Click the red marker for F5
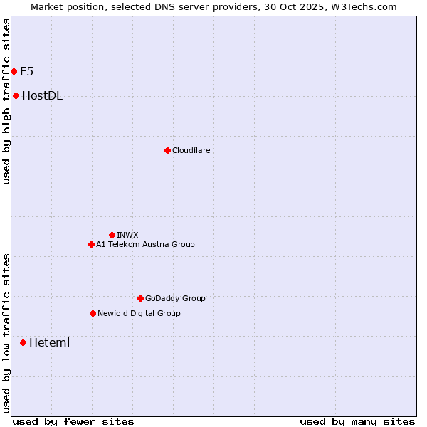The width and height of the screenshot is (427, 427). coord(14,71)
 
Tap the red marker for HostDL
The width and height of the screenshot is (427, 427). coord(16,95)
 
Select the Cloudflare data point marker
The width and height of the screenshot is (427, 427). coord(167,150)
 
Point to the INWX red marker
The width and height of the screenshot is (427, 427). coord(112,235)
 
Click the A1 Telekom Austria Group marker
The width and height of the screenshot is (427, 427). coord(91,244)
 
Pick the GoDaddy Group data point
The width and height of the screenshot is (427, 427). coord(140,298)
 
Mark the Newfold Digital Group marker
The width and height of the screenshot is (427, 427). coord(93,313)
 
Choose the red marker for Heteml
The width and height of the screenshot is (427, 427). coord(23,342)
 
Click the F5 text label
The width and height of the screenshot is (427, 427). coord(27,71)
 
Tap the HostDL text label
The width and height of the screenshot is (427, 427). coord(43,96)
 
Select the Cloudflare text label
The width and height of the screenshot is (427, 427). coord(191,150)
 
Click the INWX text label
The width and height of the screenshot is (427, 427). coord(127,235)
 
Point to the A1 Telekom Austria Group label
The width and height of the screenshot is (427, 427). coord(145,244)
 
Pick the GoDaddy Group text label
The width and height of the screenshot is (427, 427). coord(175,298)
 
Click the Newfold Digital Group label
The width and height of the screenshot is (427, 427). coord(139,313)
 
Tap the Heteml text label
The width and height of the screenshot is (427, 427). coord(49,342)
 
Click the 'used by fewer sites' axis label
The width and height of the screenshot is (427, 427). coord(73,422)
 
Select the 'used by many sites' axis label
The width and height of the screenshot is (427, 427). coord(357,422)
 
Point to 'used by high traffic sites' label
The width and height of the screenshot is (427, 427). coord(6,101)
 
